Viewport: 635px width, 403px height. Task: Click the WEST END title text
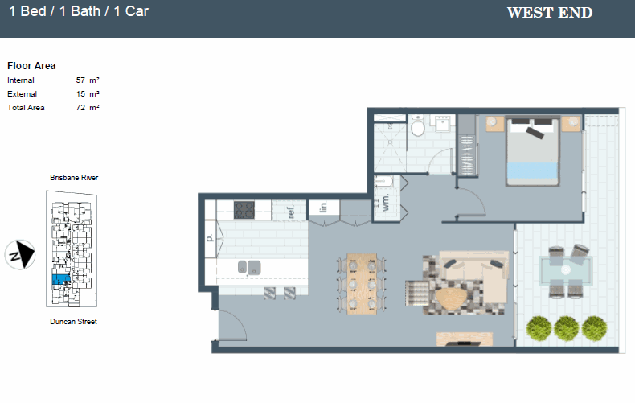(x=550, y=13)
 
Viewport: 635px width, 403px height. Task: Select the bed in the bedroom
(x=531, y=150)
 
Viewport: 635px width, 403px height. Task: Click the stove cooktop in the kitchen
(x=244, y=209)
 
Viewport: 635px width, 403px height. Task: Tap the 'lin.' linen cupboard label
(x=322, y=208)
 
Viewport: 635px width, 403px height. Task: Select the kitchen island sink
(x=248, y=266)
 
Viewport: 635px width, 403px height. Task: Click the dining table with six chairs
(x=362, y=282)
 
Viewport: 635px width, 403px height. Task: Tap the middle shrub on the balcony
(x=567, y=327)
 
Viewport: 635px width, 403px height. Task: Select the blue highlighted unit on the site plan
(x=61, y=279)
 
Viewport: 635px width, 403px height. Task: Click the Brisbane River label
(x=74, y=177)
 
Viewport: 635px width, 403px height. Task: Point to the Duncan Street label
(x=73, y=322)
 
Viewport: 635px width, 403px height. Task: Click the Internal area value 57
(x=80, y=80)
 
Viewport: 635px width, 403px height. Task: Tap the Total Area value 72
(x=80, y=107)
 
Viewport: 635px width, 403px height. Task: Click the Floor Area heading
(x=31, y=66)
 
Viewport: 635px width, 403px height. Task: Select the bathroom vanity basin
(x=442, y=123)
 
